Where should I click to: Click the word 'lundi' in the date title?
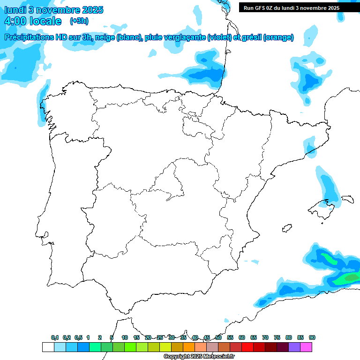(x=15, y=10)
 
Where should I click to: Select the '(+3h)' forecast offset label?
(x=79, y=21)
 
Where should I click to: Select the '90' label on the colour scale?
(x=312, y=337)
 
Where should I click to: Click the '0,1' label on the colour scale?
(x=54, y=337)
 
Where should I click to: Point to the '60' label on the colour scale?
(x=242, y=337)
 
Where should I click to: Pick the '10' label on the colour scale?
(x=125, y=337)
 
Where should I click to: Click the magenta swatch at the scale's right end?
(x=306, y=347)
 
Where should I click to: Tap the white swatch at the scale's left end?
(x=48, y=347)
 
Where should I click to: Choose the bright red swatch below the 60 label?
(x=247, y=347)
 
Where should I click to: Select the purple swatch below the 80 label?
(x=294, y=347)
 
